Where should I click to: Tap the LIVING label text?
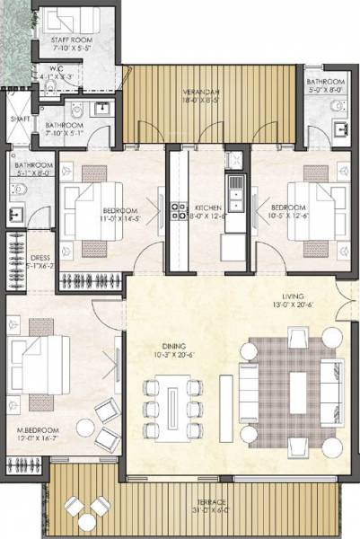pos(293,296)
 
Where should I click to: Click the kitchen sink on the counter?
pos(236,190)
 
